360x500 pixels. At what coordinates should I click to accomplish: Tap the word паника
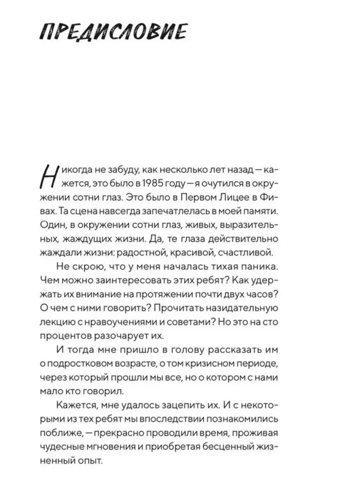[258, 266]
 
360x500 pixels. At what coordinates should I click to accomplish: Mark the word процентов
[66, 335]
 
